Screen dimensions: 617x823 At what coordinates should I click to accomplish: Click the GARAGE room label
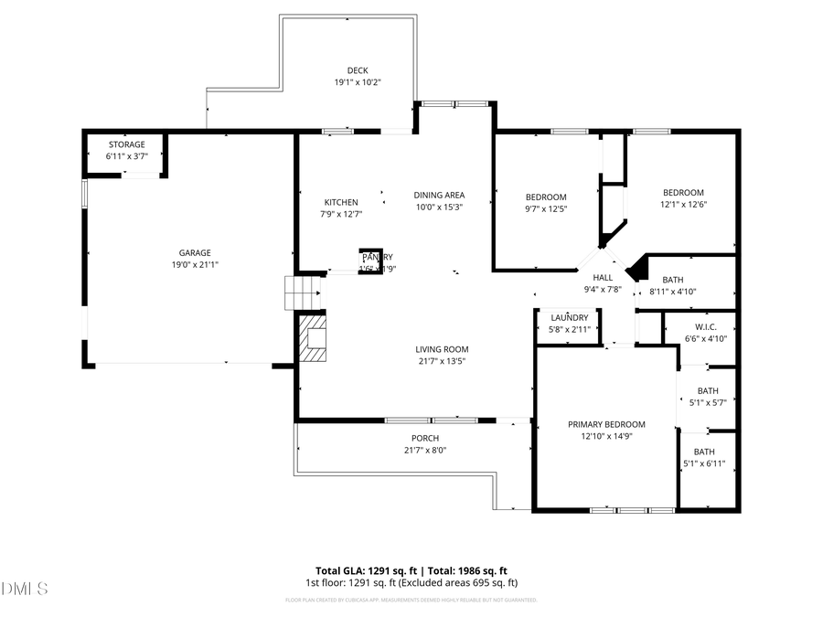[x=195, y=252]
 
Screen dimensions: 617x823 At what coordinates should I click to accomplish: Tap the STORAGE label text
[x=126, y=144]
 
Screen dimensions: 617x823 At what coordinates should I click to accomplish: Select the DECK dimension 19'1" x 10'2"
[x=357, y=82]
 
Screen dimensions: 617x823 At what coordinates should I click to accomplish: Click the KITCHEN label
[x=341, y=202]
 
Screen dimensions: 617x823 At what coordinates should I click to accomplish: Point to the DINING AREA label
[x=439, y=195]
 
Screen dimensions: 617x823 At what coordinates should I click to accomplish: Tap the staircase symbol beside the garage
[x=300, y=293]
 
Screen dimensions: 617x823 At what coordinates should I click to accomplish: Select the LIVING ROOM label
[x=442, y=348]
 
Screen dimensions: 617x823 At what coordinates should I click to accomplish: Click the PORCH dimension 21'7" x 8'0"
[x=425, y=450]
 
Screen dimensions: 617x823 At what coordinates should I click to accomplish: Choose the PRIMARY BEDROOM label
[x=606, y=424]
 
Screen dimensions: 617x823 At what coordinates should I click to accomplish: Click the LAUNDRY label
[x=569, y=317]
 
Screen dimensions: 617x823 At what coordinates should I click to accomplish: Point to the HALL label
[x=603, y=277]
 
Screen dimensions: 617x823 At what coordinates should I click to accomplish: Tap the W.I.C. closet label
[x=705, y=326]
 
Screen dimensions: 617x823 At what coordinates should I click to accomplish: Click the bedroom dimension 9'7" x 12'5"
[x=546, y=208]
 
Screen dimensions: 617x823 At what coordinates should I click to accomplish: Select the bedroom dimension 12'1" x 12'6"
[x=683, y=204]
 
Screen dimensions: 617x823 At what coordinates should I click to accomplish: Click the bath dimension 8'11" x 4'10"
[x=672, y=292]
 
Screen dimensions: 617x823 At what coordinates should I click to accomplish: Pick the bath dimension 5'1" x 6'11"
[x=704, y=463]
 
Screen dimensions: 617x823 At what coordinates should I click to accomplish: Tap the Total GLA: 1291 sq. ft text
[x=358, y=569]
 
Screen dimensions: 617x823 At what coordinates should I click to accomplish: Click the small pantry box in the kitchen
[x=370, y=261]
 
